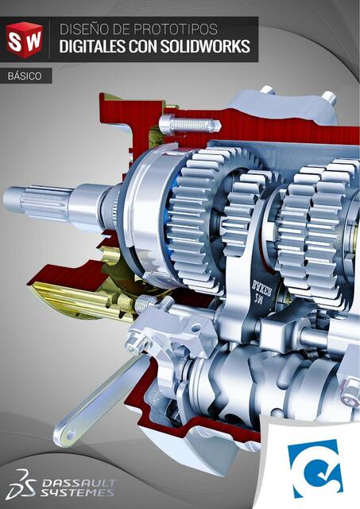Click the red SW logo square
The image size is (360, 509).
click(x=24, y=37)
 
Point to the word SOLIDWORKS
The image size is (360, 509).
click(x=206, y=47)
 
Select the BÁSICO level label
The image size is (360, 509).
click(x=25, y=76)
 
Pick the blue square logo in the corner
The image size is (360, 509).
click(x=315, y=468)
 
